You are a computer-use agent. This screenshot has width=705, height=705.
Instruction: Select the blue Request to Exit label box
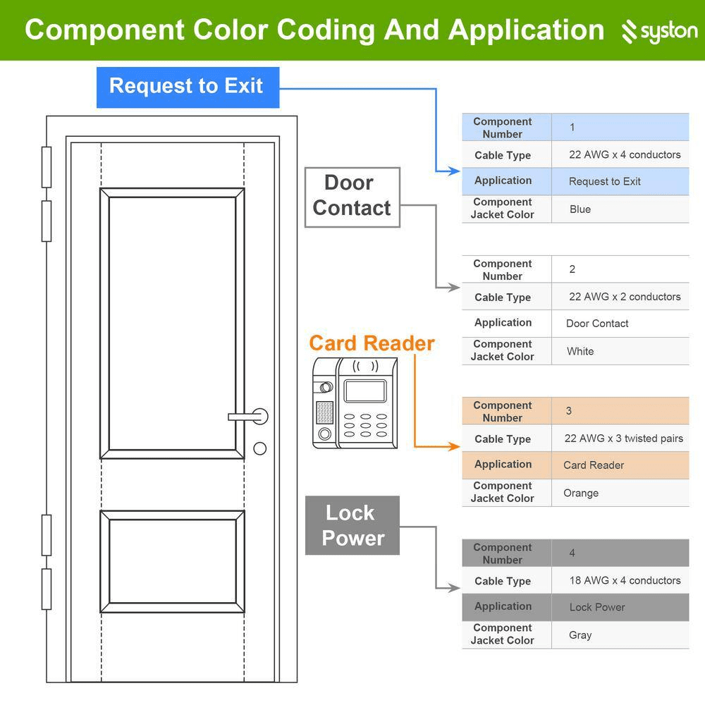click(x=188, y=87)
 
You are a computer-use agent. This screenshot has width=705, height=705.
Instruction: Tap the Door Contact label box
click(x=352, y=196)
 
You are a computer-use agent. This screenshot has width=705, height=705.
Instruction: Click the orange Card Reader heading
click(x=372, y=343)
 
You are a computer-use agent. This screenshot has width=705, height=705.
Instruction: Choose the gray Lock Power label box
click(x=352, y=525)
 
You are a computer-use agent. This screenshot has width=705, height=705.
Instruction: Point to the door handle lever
click(x=247, y=417)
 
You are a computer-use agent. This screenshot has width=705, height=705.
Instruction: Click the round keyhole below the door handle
click(x=260, y=448)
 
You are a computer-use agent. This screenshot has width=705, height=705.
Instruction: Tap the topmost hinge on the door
click(x=47, y=167)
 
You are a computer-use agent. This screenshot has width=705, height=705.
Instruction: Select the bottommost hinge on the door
click(x=47, y=589)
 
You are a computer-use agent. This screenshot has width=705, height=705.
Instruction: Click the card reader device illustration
click(x=355, y=403)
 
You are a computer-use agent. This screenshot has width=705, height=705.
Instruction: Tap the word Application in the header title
click(x=526, y=30)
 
